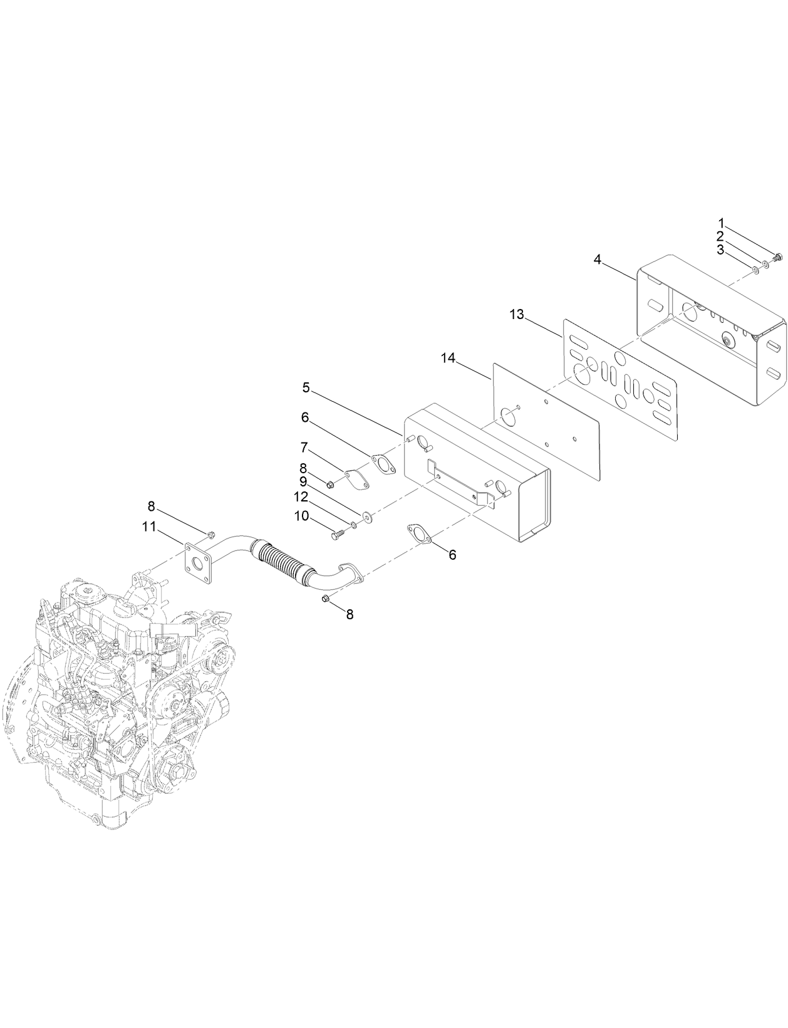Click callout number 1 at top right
(721, 223)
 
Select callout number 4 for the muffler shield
(598, 259)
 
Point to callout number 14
(447, 358)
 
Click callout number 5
(306, 387)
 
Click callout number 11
(148, 527)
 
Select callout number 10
(301, 515)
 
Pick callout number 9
(303, 481)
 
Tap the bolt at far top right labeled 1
(779, 256)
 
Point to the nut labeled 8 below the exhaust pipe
(324, 600)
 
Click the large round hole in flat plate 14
(509, 415)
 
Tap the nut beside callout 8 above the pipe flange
(211, 535)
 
